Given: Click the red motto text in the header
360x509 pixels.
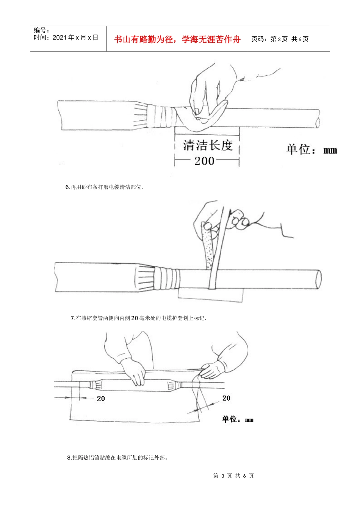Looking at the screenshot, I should [177, 39].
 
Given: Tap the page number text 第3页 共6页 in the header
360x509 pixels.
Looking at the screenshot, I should [280, 39].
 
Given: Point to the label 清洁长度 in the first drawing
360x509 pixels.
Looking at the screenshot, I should [208, 145].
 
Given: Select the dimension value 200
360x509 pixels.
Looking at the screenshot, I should [204, 161].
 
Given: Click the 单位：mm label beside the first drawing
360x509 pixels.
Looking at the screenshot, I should [311, 150].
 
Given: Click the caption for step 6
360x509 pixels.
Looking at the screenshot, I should [104, 187].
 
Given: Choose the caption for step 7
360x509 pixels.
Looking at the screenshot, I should [138, 318].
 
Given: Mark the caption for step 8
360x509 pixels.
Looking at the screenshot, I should [117, 457].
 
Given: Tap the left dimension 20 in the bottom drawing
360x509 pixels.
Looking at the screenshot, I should [101, 398].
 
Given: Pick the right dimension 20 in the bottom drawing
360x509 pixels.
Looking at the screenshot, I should [226, 398].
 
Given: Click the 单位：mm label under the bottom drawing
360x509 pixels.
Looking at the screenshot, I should [238, 419].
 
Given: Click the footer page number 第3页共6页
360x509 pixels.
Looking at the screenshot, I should [233, 476].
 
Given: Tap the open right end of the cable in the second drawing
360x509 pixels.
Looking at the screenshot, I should [319, 279].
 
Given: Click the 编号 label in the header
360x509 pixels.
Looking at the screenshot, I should [41, 30].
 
